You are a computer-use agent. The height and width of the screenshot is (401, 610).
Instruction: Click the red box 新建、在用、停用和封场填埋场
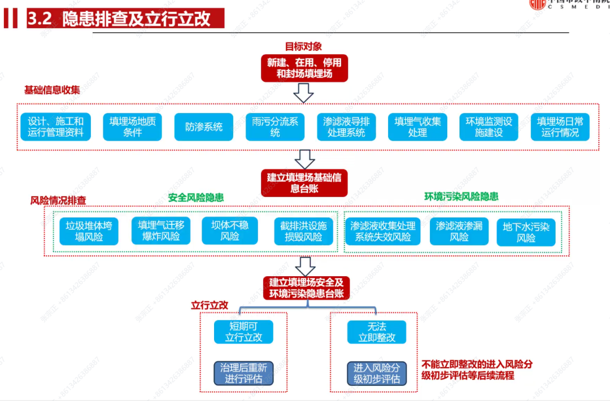pos(304,68)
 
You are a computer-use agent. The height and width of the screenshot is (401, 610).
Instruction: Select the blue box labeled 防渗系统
pos(204,127)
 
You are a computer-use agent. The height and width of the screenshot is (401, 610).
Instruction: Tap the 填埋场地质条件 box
pos(132,127)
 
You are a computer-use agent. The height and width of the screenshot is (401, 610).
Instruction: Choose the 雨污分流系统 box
pos(275,127)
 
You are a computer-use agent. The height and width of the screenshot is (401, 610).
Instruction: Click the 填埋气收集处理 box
pos(417,127)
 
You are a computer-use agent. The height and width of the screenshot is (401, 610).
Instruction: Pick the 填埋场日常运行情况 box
pos(560,127)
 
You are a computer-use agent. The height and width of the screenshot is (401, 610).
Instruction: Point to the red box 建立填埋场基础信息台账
pos(304,183)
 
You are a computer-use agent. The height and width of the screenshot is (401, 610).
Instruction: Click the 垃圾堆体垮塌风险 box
pos(89,232)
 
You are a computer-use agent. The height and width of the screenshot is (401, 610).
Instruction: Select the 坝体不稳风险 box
pos(230,232)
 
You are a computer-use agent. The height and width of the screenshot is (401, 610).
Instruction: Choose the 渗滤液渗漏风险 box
pos(459,232)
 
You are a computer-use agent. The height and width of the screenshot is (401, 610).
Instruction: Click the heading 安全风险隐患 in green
pos(195,198)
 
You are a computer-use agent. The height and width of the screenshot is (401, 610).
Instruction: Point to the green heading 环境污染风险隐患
pos(461,197)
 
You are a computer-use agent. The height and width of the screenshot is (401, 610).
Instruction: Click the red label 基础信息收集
pos(52,90)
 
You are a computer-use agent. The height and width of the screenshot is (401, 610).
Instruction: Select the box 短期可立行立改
pos(243,332)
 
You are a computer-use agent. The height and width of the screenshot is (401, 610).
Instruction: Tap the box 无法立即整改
pos(377,332)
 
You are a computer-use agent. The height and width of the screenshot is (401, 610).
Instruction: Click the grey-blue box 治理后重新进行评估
pos(243,373)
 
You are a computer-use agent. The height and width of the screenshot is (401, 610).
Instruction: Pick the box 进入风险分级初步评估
pos(377,373)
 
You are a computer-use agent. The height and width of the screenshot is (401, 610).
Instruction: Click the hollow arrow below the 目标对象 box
pos(304,93)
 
